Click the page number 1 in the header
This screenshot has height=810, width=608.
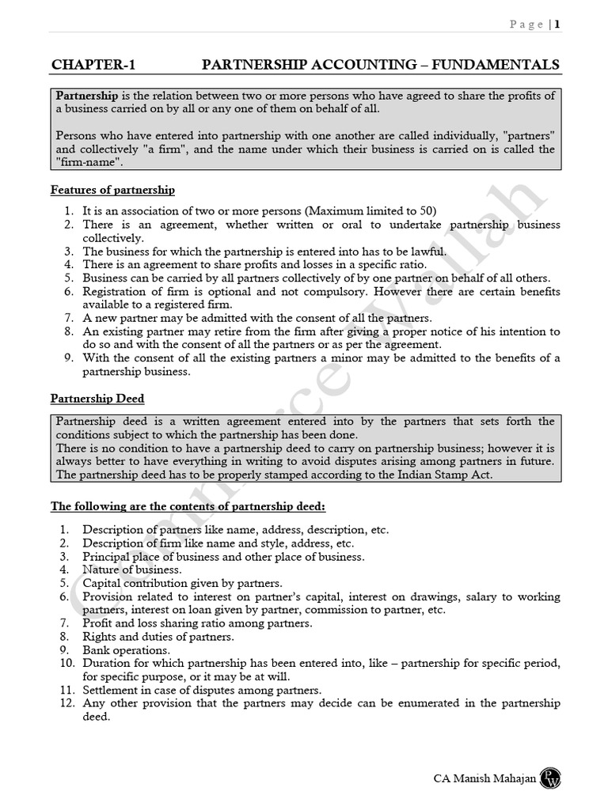[x=557, y=25]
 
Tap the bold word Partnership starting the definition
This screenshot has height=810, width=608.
[x=87, y=96]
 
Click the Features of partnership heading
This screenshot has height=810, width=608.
[x=112, y=191]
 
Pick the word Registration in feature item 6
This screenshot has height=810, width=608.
[x=118, y=292]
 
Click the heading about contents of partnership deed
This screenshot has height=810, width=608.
[x=188, y=505]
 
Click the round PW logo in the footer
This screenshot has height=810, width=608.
[x=550, y=778]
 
